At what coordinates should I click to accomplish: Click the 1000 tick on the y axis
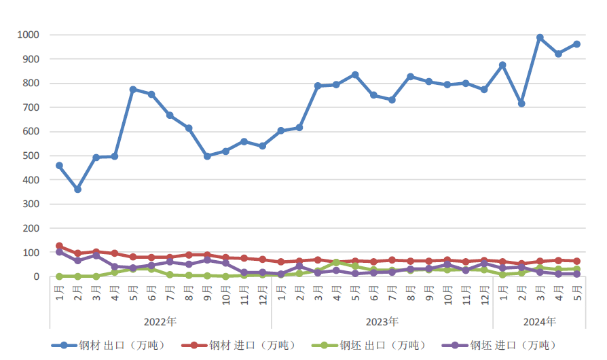coord(29,35)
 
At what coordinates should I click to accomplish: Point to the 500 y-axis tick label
coord(31,156)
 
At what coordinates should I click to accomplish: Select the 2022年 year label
coord(160,321)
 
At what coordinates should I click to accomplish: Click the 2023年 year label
coord(382,321)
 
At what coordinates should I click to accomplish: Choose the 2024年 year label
coord(540,321)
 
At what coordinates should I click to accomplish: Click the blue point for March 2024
coord(540,37)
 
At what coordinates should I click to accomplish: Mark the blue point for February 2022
coord(77,190)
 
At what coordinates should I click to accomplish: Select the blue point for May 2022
coord(133,89)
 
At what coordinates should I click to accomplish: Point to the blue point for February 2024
coord(521,103)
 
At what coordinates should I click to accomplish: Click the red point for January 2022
coord(59,246)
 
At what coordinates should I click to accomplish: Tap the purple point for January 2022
coord(59,252)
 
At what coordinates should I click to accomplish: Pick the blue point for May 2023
coord(355,75)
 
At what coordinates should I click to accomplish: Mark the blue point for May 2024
coord(577,44)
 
